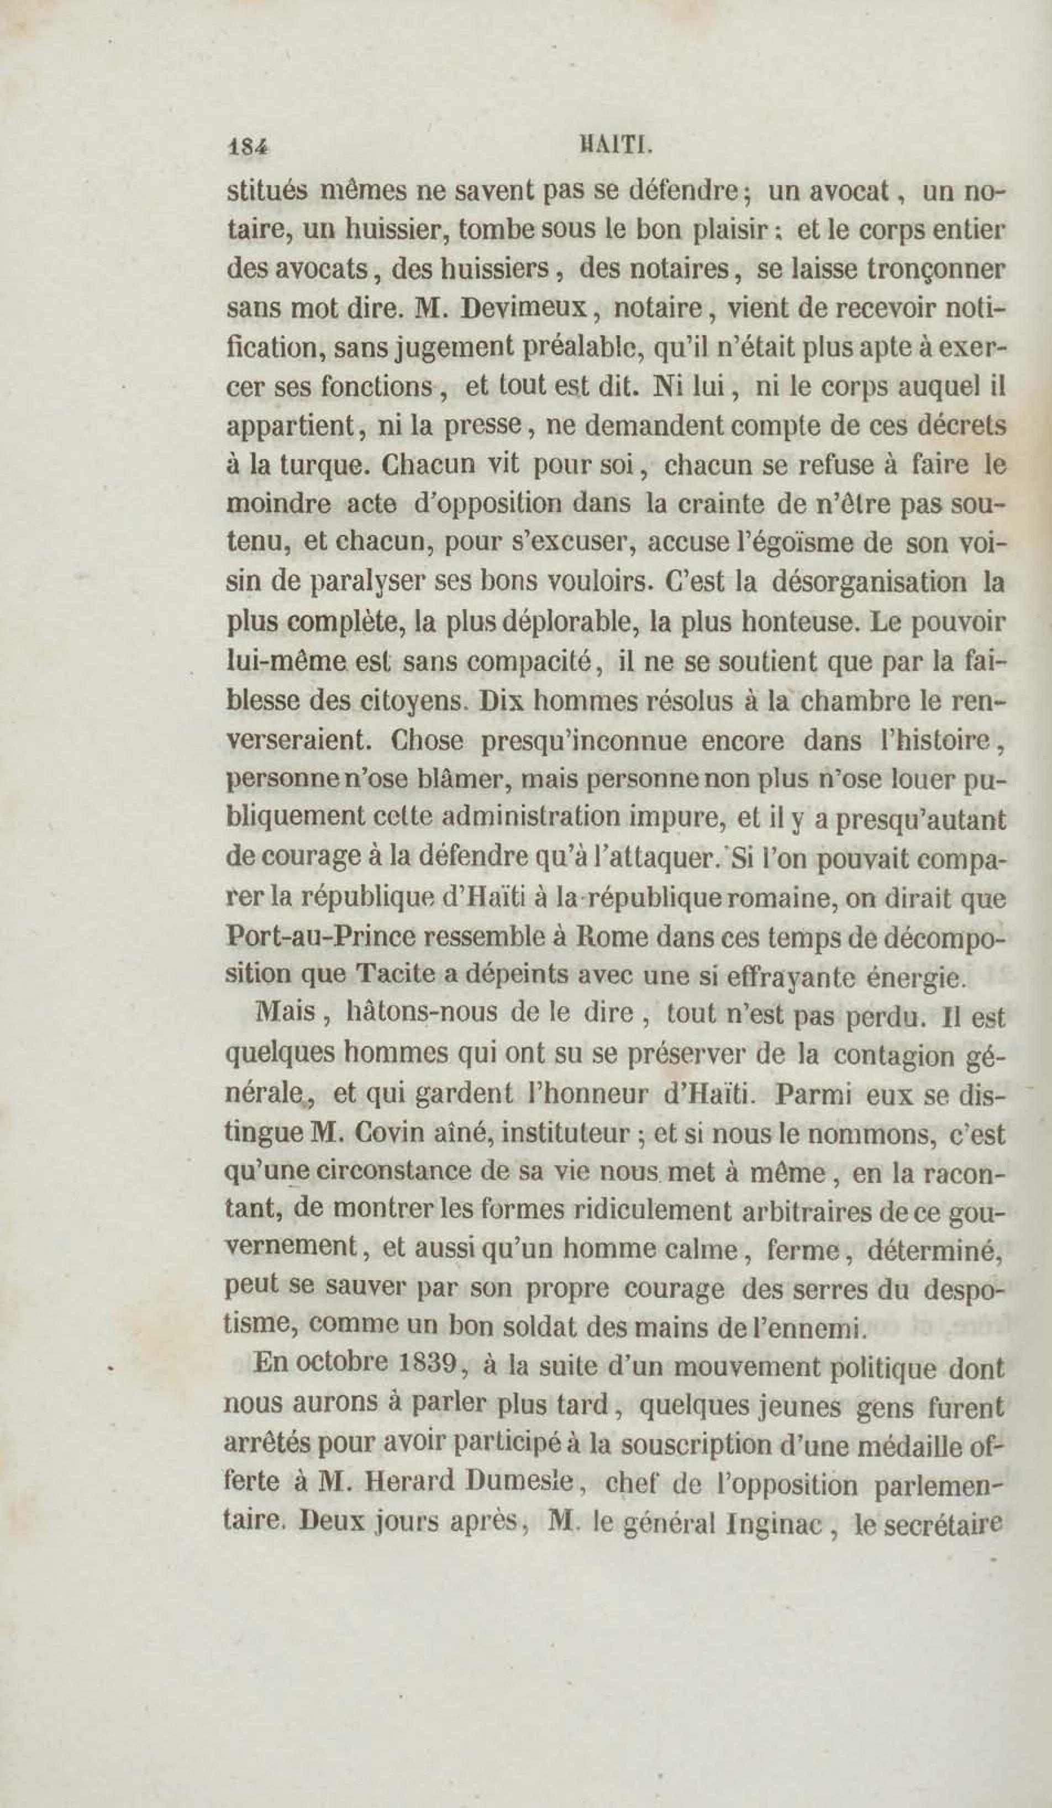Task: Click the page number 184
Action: point(247,147)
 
